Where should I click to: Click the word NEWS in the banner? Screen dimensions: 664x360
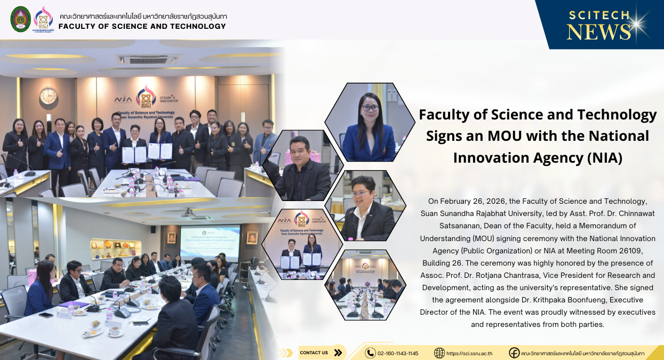click(x=599, y=32)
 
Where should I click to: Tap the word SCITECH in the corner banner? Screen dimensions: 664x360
click(x=599, y=15)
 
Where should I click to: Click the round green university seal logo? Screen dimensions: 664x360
click(x=20, y=19)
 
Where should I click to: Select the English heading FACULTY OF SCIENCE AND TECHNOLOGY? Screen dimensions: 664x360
click(x=142, y=26)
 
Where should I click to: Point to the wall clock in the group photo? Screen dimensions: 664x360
click(x=49, y=96)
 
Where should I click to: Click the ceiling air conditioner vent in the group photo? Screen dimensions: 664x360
click(x=148, y=59)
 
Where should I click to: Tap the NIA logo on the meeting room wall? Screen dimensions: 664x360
click(x=123, y=100)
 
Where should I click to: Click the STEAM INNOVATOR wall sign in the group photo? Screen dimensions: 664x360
click(x=169, y=99)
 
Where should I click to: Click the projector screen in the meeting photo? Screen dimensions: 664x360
click(x=210, y=243)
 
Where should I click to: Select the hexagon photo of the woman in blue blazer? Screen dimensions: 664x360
click(x=370, y=122)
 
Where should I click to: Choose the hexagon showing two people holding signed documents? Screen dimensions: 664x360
click(x=302, y=244)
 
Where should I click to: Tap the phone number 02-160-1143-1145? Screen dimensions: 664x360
click(x=398, y=353)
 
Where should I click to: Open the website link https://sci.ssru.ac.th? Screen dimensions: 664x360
click(x=469, y=353)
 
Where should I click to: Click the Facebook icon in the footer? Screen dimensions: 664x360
click(x=514, y=353)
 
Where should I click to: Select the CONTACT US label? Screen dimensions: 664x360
click(x=314, y=353)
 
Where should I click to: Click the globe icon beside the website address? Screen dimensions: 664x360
click(x=439, y=353)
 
